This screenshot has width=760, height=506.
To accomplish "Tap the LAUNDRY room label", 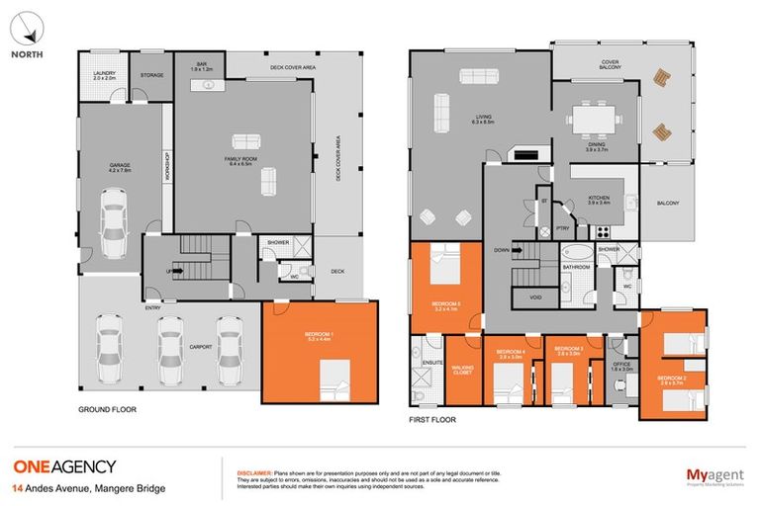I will pos(94,75).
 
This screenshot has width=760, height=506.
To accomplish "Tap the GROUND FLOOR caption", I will pos(107,408).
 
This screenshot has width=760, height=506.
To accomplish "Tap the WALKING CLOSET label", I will pos(461,371).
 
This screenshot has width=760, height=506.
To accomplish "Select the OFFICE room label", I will pos(620,366).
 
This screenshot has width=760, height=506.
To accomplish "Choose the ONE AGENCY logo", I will pos(64,466).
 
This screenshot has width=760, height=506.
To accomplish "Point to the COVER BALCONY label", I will pos(610,65).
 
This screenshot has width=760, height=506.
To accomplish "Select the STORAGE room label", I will pos(151,75).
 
